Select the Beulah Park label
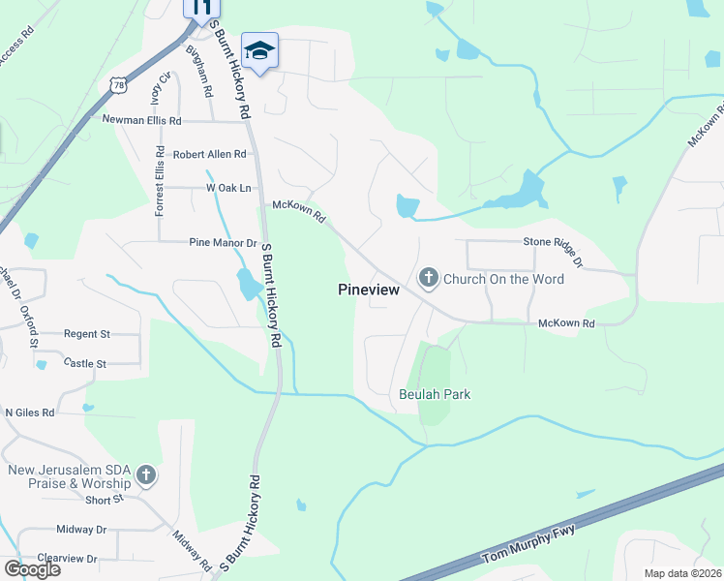tap(434, 394)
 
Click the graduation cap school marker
tap(259, 49)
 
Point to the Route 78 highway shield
tap(117, 85)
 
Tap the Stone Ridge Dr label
tap(554, 249)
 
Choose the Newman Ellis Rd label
tap(141, 121)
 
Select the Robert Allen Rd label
tap(209, 154)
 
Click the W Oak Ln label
tap(228, 187)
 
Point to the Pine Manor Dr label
tap(223, 243)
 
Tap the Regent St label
tap(87, 333)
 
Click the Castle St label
tap(84, 363)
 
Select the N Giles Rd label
tap(30, 412)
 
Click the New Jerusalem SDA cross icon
tap(146, 475)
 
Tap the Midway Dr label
tap(81, 530)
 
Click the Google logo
tap(32, 569)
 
